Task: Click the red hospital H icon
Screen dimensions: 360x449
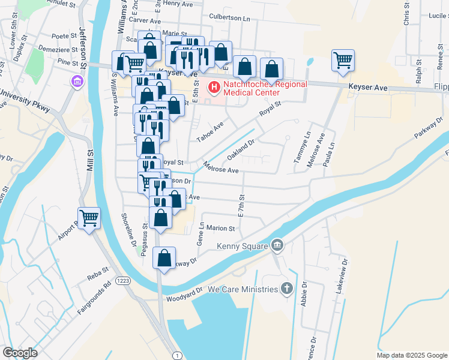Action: tap(213, 88)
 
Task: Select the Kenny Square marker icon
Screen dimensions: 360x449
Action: tap(277, 244)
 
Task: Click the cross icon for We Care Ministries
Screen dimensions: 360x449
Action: tap(288, 289)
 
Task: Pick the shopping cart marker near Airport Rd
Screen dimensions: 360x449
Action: tap(89, 217)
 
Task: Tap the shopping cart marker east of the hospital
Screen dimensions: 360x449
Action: tap(343, 59)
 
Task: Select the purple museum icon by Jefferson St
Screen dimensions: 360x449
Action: tap(76, 82)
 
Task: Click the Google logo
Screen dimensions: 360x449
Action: tap(20, 352)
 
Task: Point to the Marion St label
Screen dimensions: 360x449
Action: tap(220, 228)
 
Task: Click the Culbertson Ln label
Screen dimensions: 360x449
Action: tap(229, 18)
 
